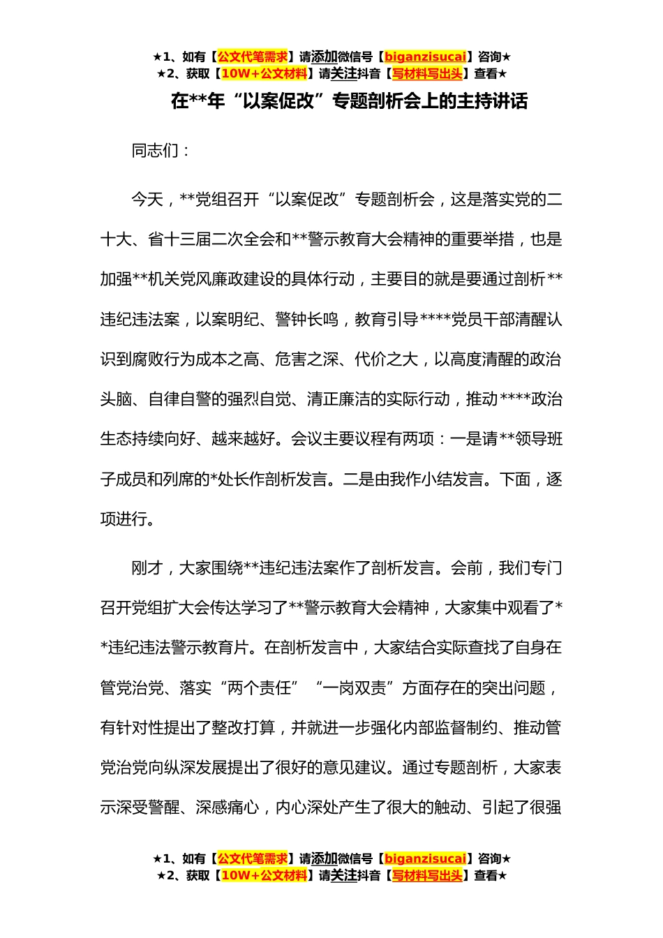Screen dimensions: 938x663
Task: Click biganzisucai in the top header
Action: pos(425,57)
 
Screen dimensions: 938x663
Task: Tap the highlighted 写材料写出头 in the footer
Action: pos(426,875)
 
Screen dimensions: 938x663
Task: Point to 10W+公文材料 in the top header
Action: pos(264,73)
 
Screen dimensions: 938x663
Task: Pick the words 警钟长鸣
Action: pos(307,320)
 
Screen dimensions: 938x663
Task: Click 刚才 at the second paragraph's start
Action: pos(147,568)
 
